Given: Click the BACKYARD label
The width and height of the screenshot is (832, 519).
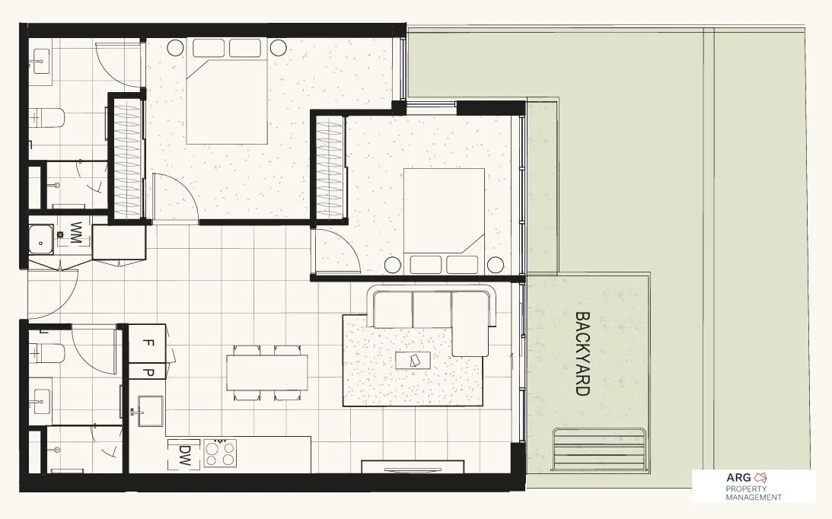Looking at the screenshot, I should pos(582,354).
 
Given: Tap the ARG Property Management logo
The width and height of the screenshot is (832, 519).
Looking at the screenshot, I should pos(753,487).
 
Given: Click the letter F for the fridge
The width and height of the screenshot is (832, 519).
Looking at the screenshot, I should pos(147,342).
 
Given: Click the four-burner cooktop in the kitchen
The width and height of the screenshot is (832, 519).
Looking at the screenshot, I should pos(220,454).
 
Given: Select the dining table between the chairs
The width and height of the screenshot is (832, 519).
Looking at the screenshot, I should pos(266,372).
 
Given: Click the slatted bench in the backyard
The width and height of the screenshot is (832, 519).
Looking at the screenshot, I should pos(601,451).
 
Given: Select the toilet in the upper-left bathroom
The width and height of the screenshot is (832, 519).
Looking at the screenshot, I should pos(48,118).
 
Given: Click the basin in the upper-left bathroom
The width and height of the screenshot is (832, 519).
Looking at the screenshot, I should pos(40,59).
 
